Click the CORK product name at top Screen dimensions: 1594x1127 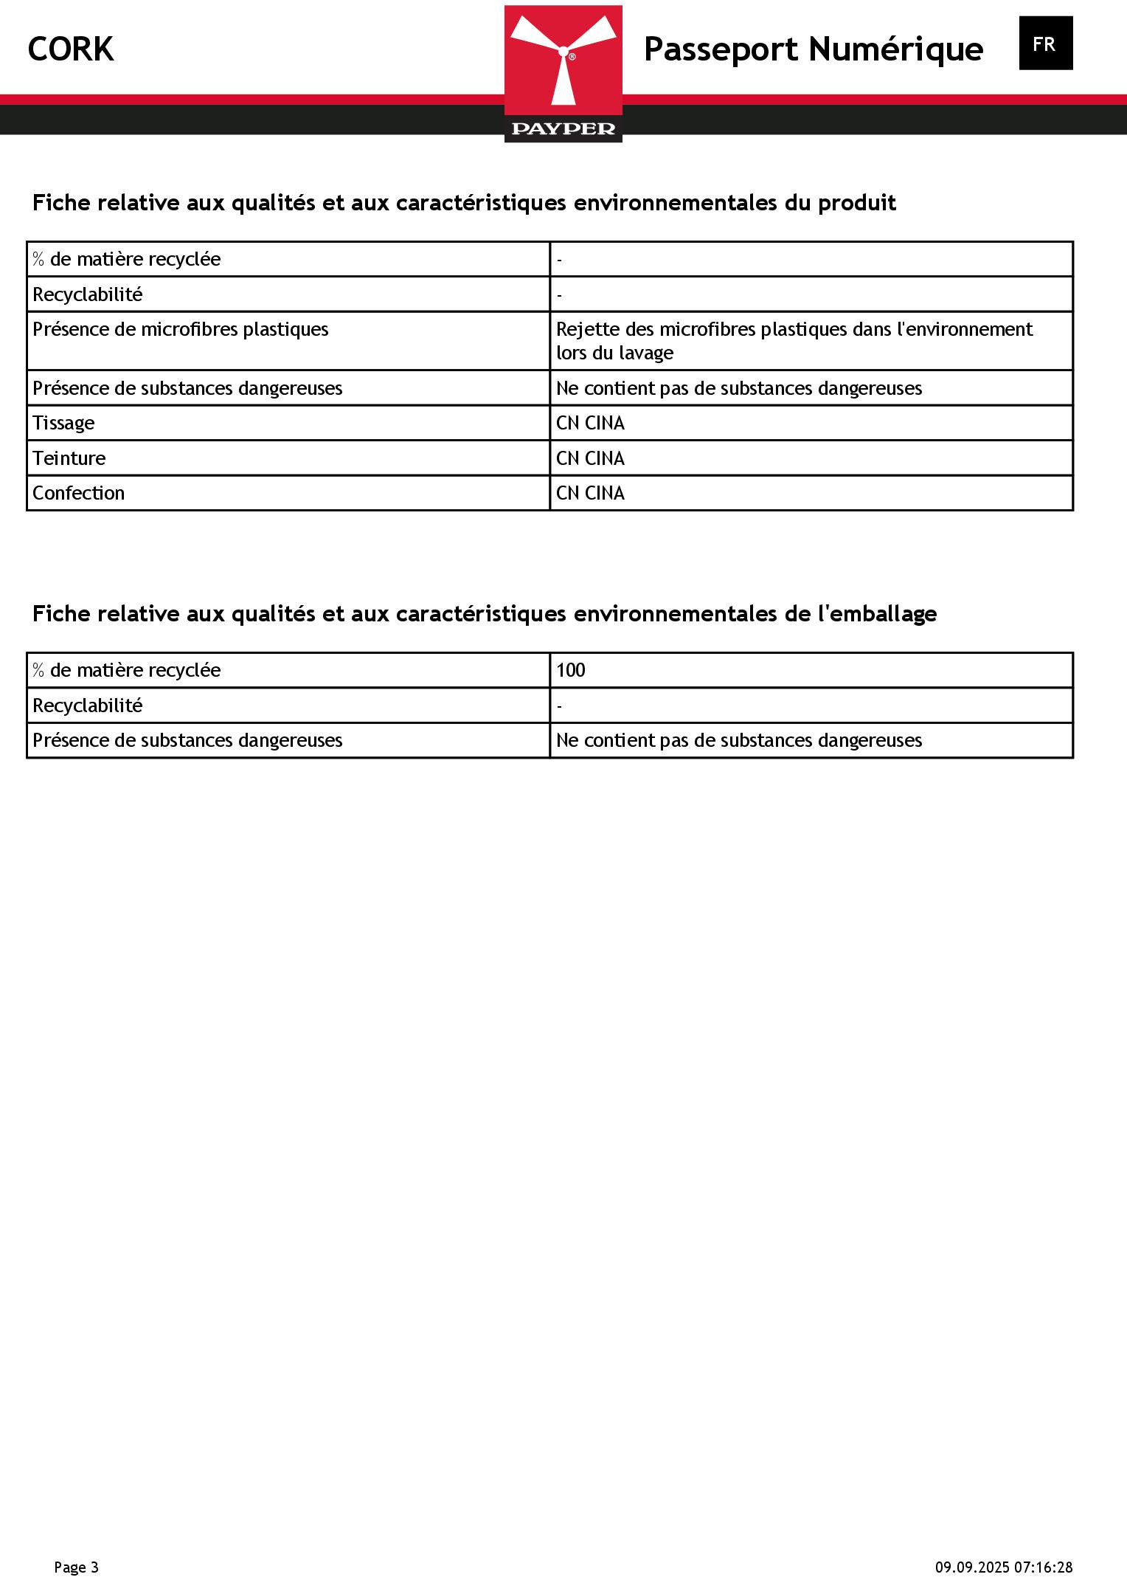71,49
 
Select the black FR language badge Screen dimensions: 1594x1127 1045,44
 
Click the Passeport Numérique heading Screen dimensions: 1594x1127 813,49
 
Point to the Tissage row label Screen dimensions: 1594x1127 63,423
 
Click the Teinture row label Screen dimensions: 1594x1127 69,458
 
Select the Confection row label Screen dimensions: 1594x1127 78,493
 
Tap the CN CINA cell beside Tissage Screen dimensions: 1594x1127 590,423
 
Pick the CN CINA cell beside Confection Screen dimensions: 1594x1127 590,493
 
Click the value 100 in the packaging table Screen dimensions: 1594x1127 570,670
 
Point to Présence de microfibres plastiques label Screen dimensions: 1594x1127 181,329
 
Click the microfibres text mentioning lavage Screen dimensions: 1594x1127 794,341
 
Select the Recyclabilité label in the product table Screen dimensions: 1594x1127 87,294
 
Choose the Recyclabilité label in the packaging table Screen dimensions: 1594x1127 87,705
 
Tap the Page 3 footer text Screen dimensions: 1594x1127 76,1567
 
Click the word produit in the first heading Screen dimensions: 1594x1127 856,203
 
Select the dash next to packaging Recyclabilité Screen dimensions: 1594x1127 560,706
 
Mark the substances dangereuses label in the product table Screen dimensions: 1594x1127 187,388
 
